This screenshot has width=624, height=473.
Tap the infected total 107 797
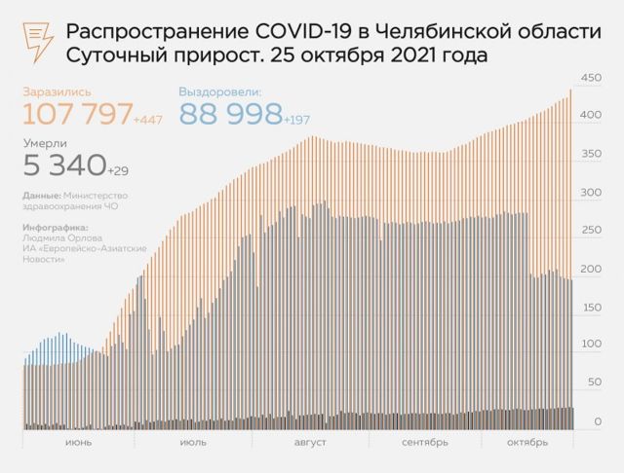(77, 114)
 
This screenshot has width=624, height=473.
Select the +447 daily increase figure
(149, 120)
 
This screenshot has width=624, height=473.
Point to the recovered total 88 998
(230, 114)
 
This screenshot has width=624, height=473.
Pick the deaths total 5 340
(63, 165)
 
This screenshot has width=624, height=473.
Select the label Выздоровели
(220, 91)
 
